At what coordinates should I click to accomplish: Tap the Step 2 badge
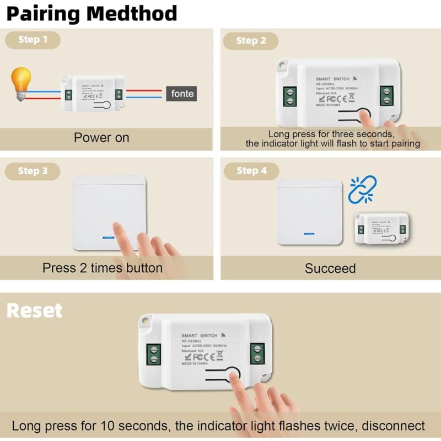click(251, 40)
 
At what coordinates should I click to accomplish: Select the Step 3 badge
click(33, 171)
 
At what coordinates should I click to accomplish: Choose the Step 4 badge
click(251, 171)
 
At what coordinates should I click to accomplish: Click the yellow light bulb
click(21, 83)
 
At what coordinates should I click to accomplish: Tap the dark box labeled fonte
click(182, 94)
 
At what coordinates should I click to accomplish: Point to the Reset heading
click(34, 310)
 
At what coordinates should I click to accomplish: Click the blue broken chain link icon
click(363, 189)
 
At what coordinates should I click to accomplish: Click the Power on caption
click(101, 137)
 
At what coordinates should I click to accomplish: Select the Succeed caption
click(330, 268)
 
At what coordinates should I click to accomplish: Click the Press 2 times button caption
click(103, 268)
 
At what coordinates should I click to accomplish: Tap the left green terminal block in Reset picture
click(154, 354)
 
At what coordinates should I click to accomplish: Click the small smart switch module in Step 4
click(381, 228)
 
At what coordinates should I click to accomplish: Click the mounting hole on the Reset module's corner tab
click(146, 320)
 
